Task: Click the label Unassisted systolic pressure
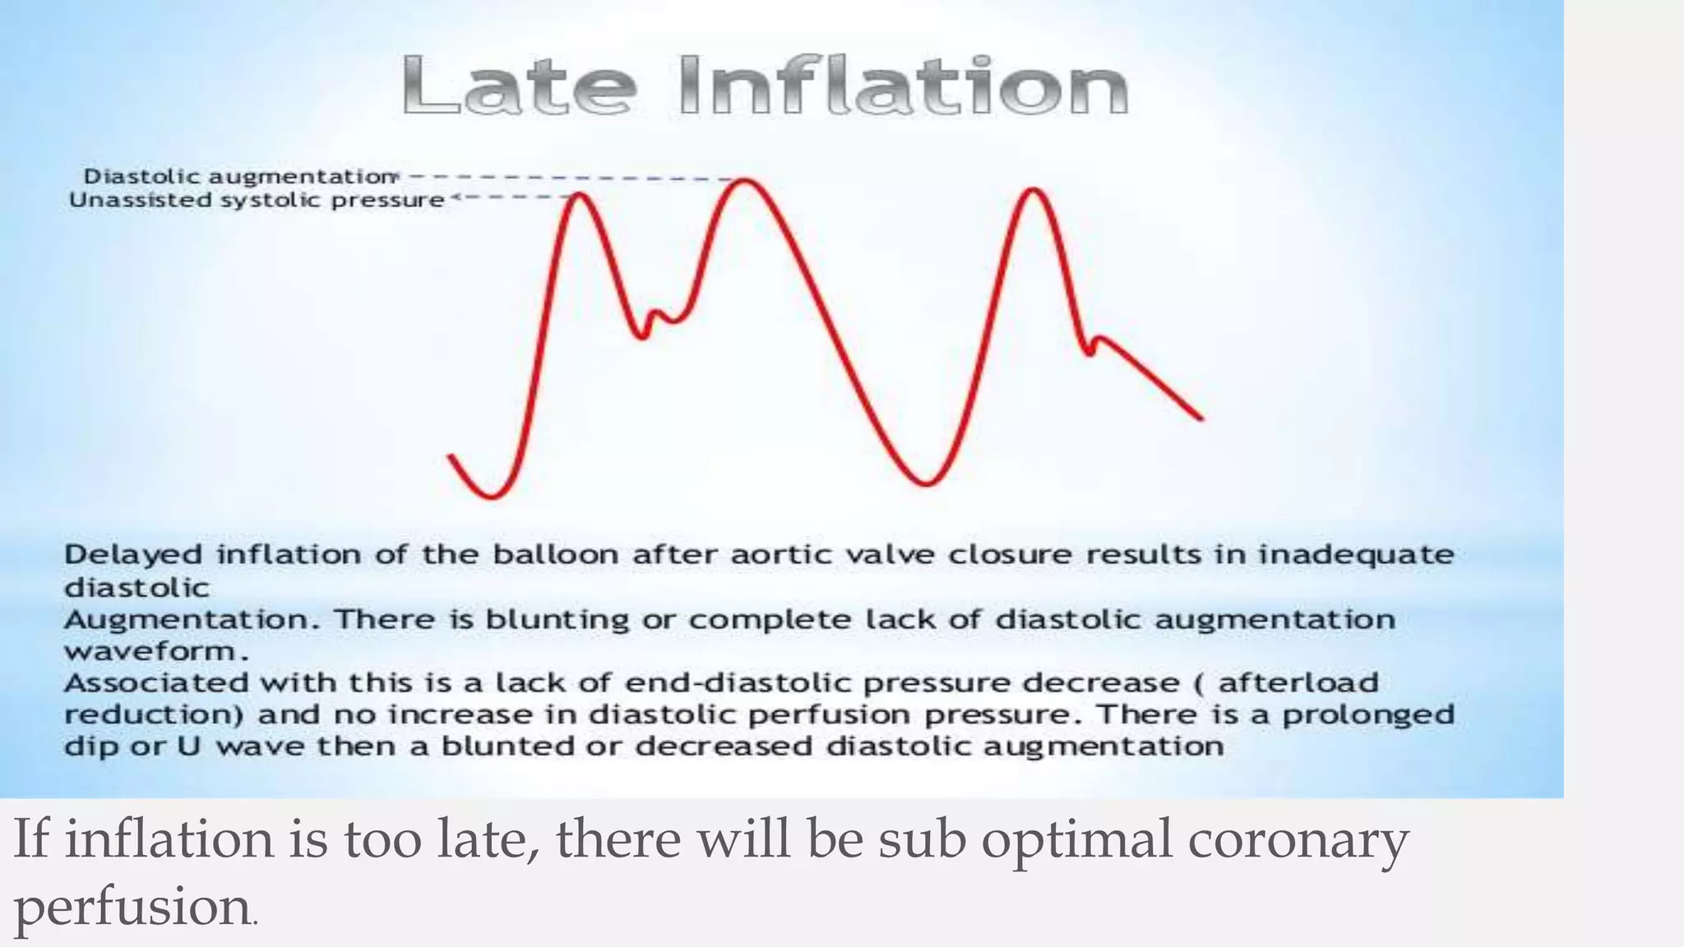click(x=257, y=200)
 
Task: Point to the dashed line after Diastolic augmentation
click(x=567, y=177)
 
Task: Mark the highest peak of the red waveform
click(x=745, y=180)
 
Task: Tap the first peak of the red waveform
click(x=580, y=195)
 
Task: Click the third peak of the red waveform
click(x=1034, y=191)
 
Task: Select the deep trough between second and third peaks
click(x=927, y=483)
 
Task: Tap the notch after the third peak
click(x=1090, y=352)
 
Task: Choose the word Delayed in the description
click(x=133, y=555)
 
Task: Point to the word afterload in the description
click(x=1298, y=683)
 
